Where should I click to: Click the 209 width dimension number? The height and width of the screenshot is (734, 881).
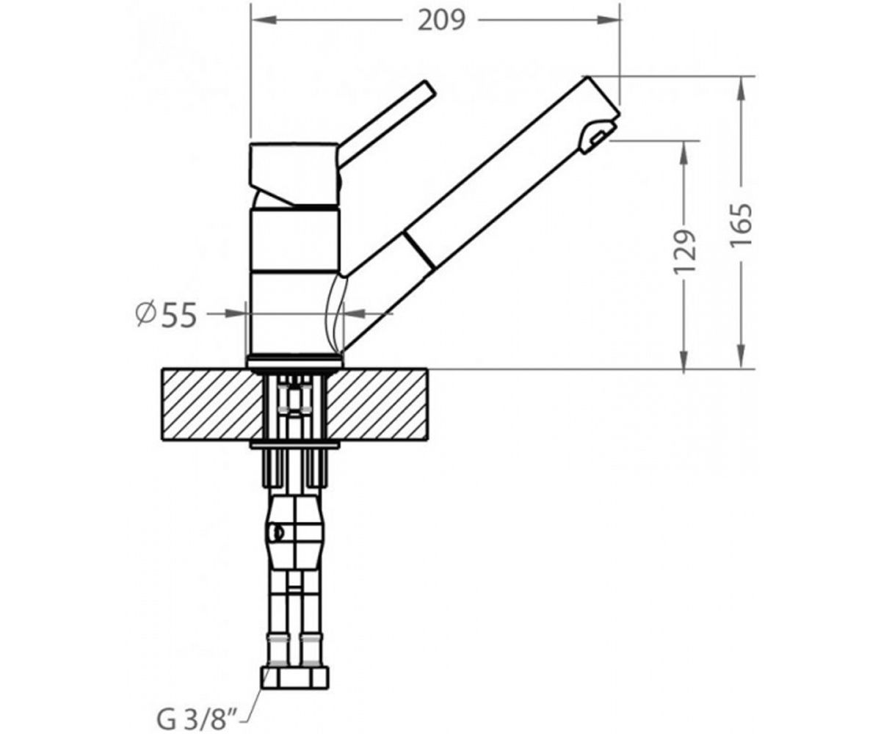tap(441, 21)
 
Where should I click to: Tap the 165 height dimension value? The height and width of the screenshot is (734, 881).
tap(741, 225)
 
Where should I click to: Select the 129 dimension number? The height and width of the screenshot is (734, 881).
tap(684, 252)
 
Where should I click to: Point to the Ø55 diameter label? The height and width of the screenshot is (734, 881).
tap(166, 315)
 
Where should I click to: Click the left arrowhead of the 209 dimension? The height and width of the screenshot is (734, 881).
tap(264, 20)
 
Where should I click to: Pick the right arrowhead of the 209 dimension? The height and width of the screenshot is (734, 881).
tap(608, 20)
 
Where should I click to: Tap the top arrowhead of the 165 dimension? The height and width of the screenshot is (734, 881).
tap(742, 89)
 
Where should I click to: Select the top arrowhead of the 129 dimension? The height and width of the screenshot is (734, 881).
tap(684, 153)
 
